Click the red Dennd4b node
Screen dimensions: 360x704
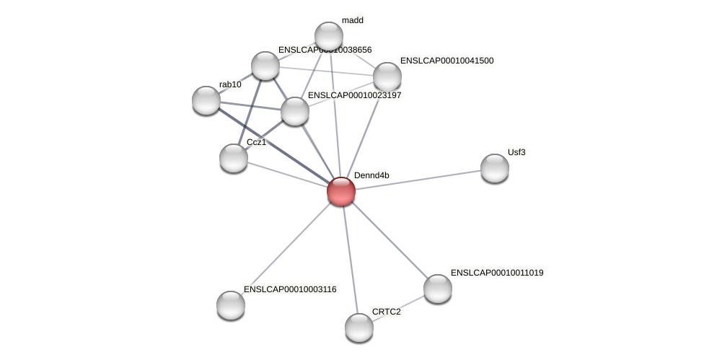pos(341,191)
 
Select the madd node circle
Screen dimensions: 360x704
pos(329,36)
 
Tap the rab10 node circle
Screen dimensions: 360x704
pos(206,100)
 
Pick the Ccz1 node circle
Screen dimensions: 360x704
pos(234,157)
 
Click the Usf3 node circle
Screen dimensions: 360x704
pos(495,168)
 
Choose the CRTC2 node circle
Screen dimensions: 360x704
pos(359,327)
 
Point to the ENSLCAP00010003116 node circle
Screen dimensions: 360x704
pos(231,304)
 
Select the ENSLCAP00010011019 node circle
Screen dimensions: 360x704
pos(438,289)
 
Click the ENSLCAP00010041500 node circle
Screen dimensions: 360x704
pos(387,76)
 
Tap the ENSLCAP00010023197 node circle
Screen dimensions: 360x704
pos(295,111)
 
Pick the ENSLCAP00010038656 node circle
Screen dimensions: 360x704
pos(265,66)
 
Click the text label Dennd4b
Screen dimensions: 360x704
pos(371,175)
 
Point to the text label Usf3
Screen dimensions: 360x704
pos(516,152)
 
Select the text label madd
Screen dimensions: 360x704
pos(353,20)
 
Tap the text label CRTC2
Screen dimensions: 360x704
pos(386,312)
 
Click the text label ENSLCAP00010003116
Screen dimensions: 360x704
pos(290,289)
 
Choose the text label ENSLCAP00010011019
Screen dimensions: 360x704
pos(497,273)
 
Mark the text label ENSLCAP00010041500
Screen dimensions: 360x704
pos(446,61)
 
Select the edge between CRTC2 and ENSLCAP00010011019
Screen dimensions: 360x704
pos(398,308)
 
